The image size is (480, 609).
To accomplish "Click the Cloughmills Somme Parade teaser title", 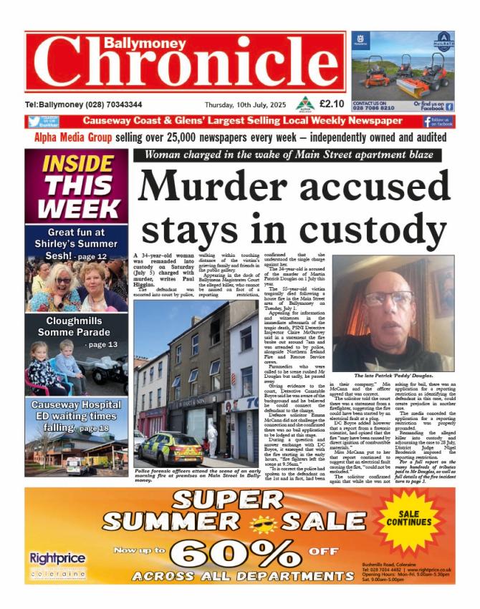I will [x=77, y=326].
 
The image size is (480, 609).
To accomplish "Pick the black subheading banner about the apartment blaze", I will [x=293, y=155].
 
